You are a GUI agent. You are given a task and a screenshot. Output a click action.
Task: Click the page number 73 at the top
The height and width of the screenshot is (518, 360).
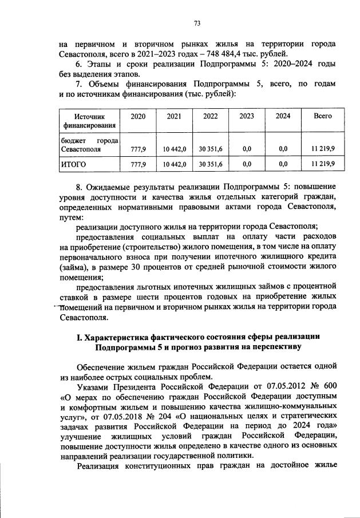196,23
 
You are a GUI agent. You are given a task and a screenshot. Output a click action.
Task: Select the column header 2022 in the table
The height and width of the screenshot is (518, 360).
210,116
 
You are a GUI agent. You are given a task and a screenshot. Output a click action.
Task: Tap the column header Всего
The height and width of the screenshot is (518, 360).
323,116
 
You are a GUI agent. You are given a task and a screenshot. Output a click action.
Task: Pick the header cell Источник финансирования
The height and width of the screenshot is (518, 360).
89,120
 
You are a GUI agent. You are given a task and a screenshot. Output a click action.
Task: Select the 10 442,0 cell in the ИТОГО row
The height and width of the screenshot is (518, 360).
175,164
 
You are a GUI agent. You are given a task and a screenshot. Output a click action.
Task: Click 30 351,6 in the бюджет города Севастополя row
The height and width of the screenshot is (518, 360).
211,148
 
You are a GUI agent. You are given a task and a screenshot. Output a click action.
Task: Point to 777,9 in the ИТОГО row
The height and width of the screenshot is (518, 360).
139,164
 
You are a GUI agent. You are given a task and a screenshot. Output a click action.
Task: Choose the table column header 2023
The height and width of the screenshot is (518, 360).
247,116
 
